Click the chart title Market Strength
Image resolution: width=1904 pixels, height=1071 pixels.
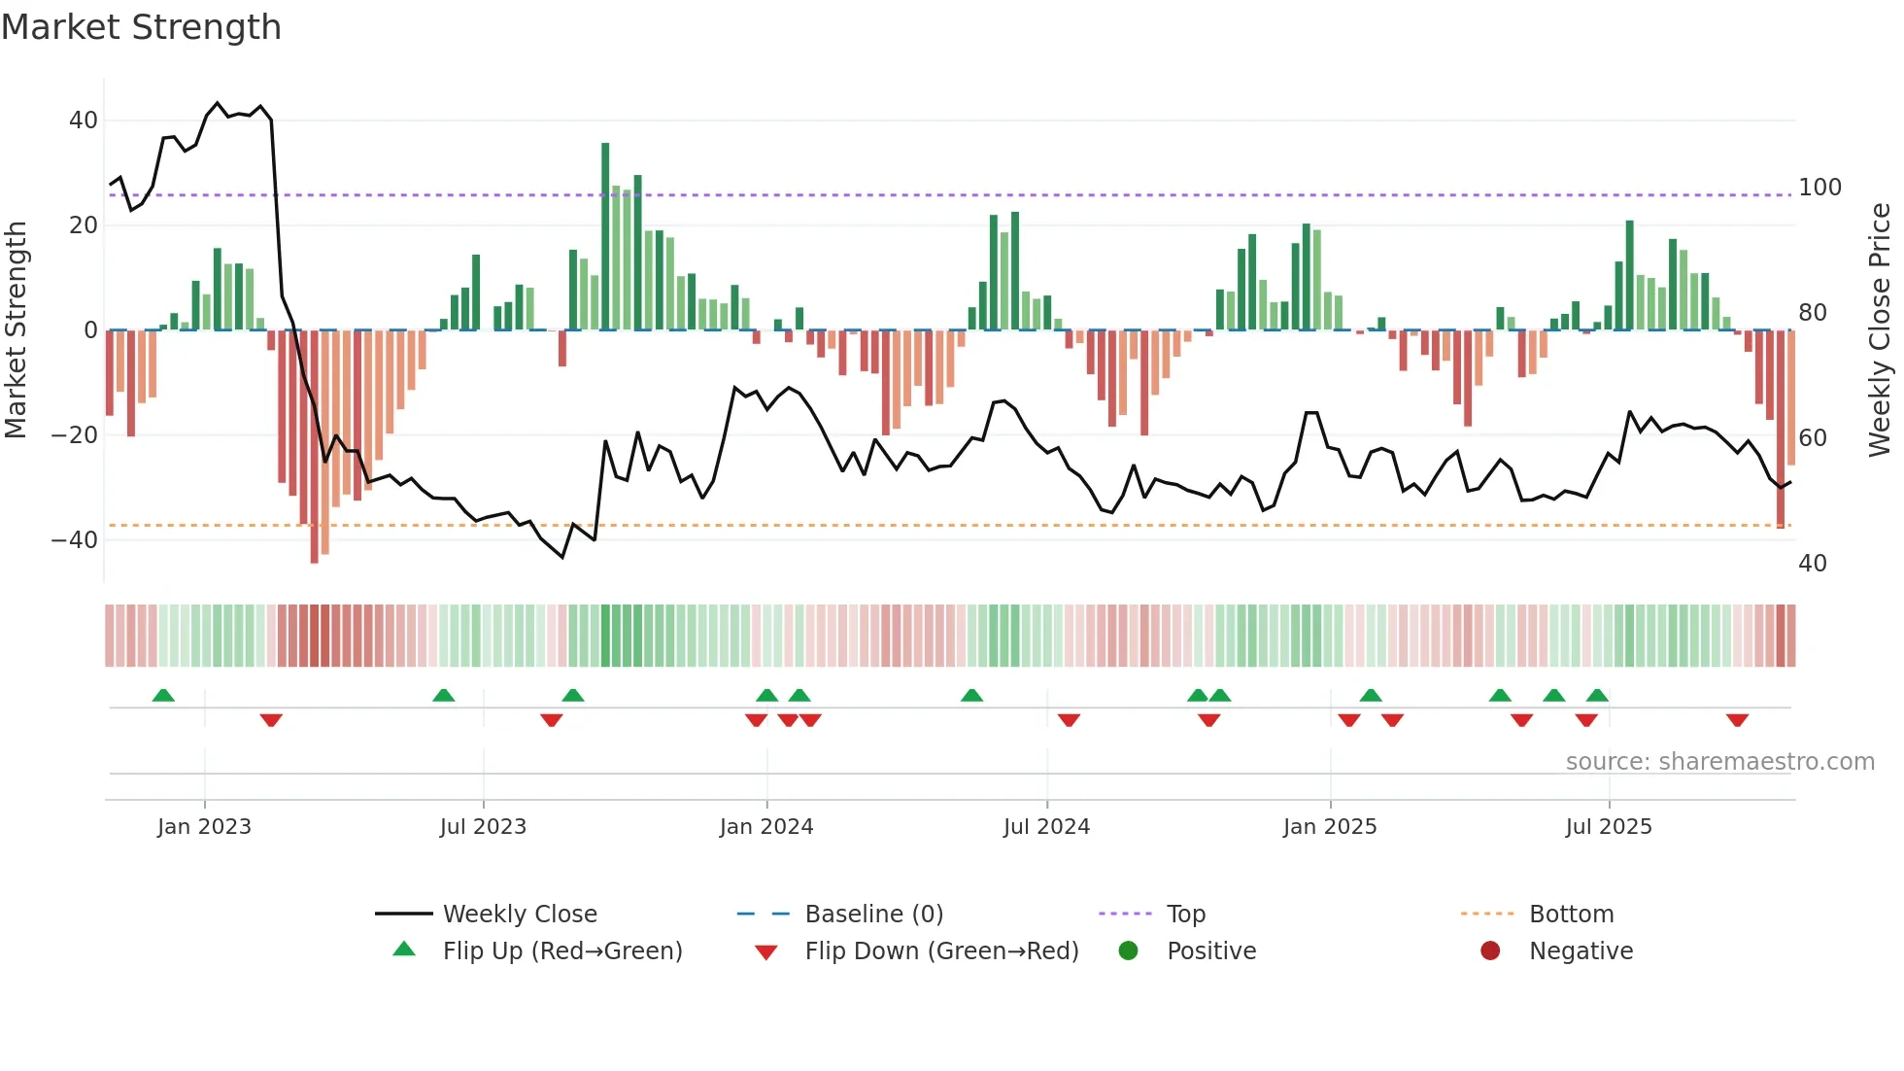(x=141, y=27)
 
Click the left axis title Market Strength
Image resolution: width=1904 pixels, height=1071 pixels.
(x=17, y=329)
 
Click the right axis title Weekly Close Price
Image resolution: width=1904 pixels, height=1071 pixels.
(x=1880, y=329)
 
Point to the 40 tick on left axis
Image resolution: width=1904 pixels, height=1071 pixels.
(x=84, y=121)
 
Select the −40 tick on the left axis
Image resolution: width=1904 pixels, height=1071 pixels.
(x=76, y=540)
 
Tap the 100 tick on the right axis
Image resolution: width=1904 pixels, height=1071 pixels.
(x=1819, y=188)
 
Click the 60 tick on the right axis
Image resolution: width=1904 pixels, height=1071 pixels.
(x=1812, y=438)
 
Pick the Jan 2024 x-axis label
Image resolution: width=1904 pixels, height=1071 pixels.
(x=766, y=827)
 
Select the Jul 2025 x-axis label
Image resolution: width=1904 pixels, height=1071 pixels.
(x=1609, y=827)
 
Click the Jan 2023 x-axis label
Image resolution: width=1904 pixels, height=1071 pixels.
(x=204, y=827)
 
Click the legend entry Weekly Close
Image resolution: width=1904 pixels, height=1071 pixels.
(x=520, y=915)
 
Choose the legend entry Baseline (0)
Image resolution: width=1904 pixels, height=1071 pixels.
(x=873, y=915)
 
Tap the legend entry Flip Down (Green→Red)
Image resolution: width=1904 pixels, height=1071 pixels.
(x=941, y=951)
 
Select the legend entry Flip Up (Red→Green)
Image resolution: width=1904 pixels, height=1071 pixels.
(x=562, y=951)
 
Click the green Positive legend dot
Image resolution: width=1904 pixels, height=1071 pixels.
(x=1128, y=951)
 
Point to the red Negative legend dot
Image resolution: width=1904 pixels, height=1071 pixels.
(x=1490, y=951)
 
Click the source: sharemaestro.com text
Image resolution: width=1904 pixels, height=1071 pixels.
(x=1719, y=762)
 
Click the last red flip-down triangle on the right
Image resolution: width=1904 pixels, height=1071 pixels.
(x=1737, y=720)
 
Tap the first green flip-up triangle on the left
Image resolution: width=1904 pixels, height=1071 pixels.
(x=163, y=695)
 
